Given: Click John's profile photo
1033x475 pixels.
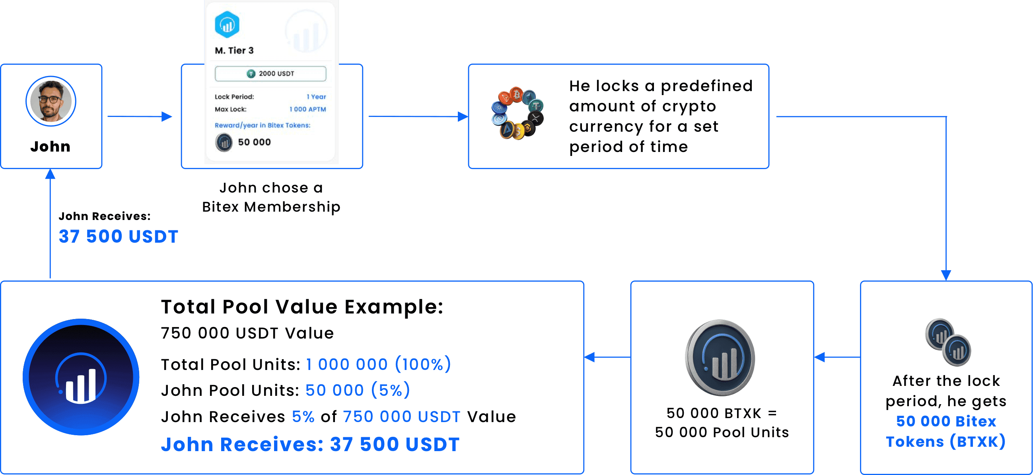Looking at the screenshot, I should point(51,101).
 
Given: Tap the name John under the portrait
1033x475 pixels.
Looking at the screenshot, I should point(51,146).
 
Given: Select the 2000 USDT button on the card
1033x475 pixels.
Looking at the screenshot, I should point(270,74).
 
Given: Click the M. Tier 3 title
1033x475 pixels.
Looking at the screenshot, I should point(234,51).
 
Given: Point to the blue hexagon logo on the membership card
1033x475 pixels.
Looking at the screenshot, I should point(227,25).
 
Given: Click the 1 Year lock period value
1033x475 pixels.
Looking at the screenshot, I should point(316,97).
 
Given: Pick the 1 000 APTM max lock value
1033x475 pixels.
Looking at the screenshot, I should point(307,109).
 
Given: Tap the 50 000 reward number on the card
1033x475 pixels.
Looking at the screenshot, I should point(254,142).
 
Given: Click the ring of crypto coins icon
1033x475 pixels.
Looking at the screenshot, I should point(517,113).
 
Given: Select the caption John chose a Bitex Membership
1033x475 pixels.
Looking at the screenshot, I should point(271,197).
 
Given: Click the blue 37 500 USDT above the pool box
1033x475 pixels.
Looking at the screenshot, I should point(118,236).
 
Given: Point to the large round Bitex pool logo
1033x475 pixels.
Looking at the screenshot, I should point(81,377).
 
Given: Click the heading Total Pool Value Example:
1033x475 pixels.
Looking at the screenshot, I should point(302,307).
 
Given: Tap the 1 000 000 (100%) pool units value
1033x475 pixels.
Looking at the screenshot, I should point(379,364).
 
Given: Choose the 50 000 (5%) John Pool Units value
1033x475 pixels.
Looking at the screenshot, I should point(358,390).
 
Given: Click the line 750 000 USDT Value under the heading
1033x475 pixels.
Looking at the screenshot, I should point(247,333).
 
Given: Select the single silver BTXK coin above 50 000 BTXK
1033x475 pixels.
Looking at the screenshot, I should point(720,358).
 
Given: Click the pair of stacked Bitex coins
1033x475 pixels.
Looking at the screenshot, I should point(948,342).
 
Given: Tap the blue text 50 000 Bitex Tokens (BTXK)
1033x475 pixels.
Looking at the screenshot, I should point(946,431).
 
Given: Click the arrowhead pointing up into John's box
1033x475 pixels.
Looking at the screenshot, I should point(50,173).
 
